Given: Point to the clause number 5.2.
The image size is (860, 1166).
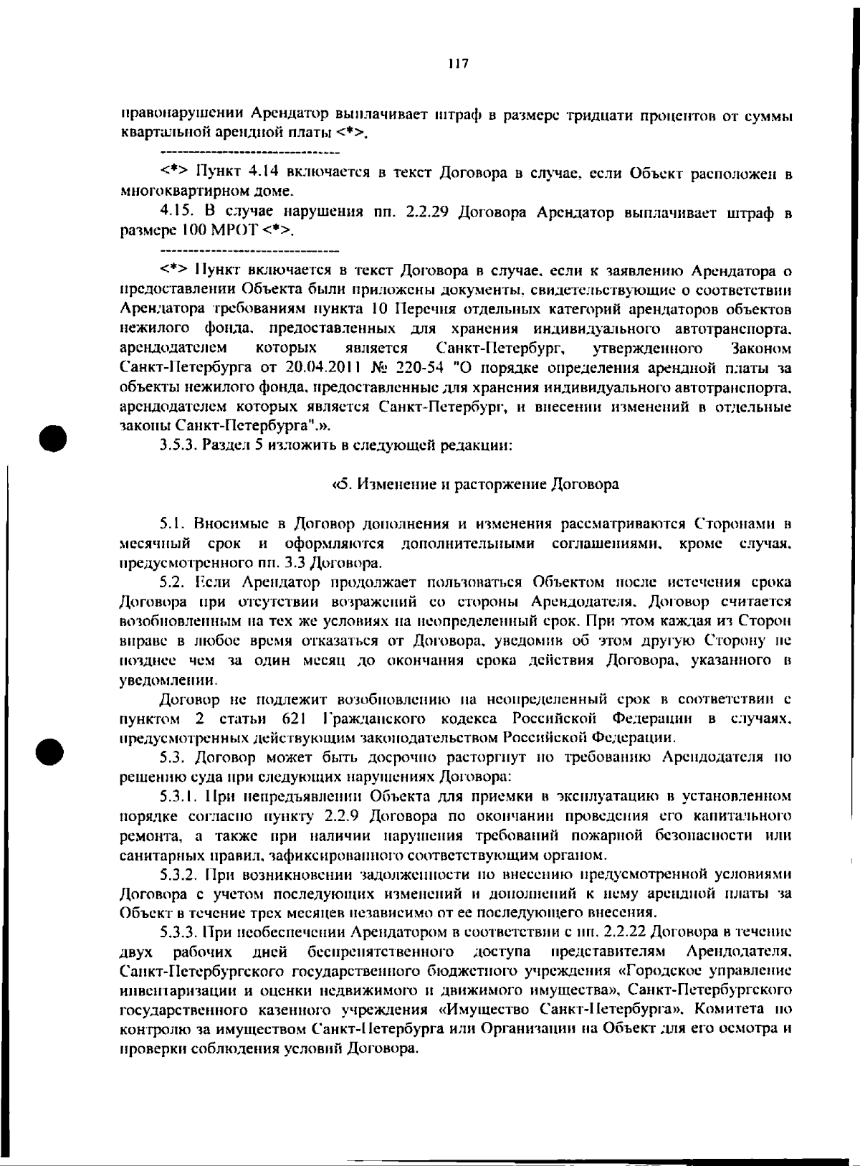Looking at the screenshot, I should click(173, 582).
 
